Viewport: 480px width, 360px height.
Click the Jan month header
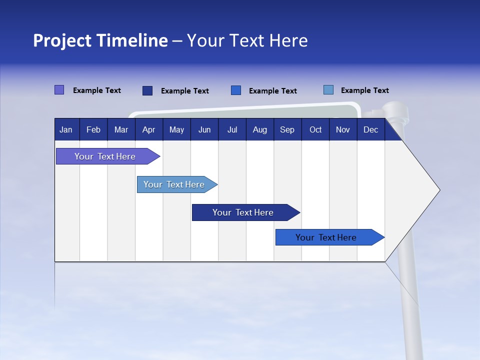[x=66, y=130]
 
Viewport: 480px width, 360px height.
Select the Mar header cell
[x=121, y=130]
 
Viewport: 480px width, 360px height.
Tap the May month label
[x=176, y=130]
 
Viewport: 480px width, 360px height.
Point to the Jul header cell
[x=232, y=130]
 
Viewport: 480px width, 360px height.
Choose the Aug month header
[x=260, y=130]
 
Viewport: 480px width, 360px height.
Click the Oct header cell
[x=315, y=130]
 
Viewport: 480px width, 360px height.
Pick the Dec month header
[x=370, y=130]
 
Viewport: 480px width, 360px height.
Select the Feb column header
[x=93, y=130]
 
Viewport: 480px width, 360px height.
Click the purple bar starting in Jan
[x=105, y=156]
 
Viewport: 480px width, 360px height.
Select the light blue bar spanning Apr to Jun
[x=174, y=184]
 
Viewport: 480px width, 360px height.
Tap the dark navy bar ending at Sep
[x=243, y=212]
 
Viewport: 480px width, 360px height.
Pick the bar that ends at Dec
[x=326, y=237]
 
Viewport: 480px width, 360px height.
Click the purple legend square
[x=59, y=90]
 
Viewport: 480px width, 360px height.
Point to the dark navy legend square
[x=147, y=90]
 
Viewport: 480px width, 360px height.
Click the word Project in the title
[x=62, y=40]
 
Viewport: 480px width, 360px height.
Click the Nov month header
[x=343, y=130]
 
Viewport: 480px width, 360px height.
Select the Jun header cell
[x=204, y=130]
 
